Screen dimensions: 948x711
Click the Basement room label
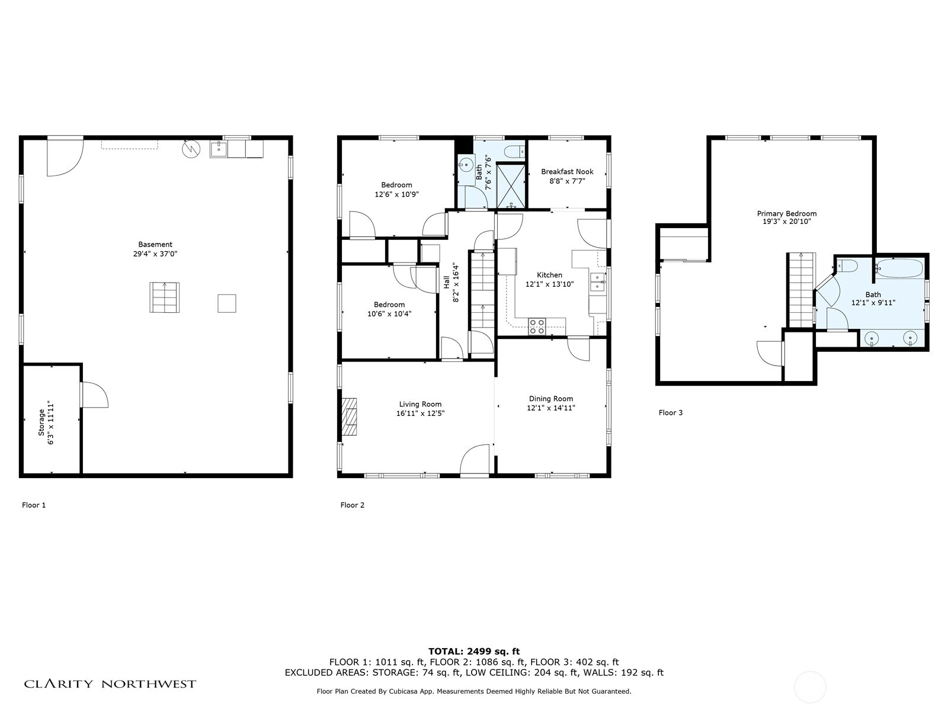[155, 244]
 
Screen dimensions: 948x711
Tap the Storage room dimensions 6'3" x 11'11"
[51, 422]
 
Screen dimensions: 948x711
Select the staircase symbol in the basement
[165, 297]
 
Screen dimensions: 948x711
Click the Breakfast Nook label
[567, 172]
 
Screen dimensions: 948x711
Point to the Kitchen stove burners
[537, 326]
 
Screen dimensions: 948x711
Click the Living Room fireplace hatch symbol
[350, 416]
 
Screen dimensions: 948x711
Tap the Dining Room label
[550, 399]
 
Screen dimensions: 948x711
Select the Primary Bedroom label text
[786, 213]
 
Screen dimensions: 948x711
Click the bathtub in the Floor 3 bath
[900, 268]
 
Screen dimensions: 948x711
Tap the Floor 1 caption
[34, 505]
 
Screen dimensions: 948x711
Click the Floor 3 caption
[670, 413]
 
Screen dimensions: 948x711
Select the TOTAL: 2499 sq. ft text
[474, 651]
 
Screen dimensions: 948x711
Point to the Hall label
[446, 283]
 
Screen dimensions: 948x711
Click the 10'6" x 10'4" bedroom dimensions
[389, 314]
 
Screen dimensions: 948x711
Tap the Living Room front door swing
[475, 460]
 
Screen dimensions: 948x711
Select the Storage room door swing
[95, 395]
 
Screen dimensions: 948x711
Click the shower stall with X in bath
[511, 185]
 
